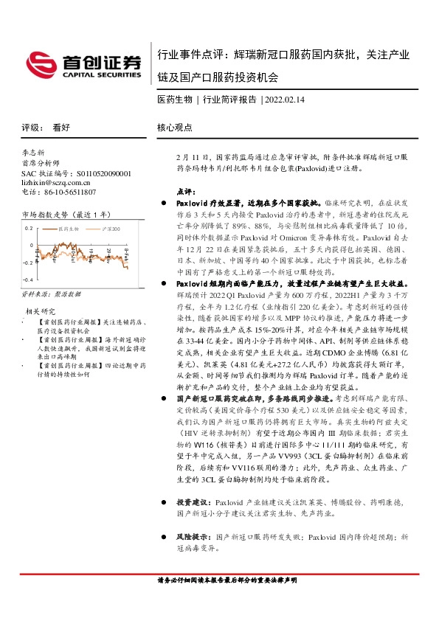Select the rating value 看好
[61, 126]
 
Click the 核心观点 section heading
[175, 126]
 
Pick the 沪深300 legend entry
[109, 229]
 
